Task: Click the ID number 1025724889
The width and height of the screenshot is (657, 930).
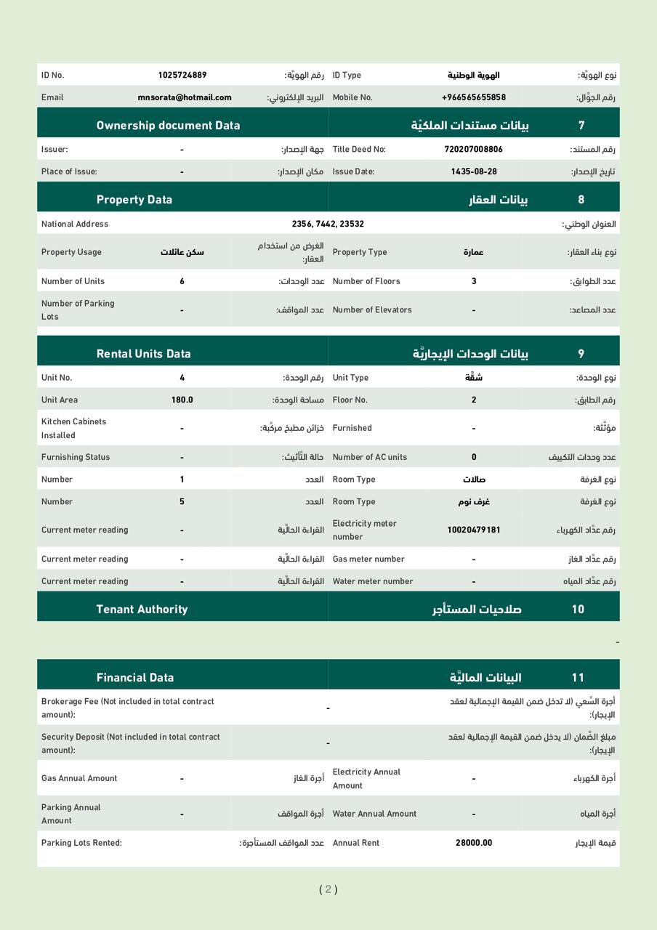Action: (x=182, y=75)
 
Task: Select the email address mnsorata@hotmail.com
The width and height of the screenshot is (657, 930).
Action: (x=185, y=97)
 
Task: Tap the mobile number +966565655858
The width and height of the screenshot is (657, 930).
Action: (x=473, y=97)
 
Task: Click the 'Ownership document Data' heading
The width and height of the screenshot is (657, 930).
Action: (x=168, y=125)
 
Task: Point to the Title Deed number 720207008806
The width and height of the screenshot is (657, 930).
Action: (x=473, y=149)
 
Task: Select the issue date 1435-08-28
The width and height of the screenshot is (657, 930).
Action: (x=474, y=171)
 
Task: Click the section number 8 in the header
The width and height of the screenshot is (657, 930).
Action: (x=581, y=199)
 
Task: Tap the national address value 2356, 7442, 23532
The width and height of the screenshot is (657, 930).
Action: (x=328, y=224)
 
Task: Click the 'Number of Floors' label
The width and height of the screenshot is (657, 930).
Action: (x=366, y=281)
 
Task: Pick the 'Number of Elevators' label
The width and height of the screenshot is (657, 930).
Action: (x=372, y=310)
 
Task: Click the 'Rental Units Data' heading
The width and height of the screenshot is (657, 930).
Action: (x=143, y=354)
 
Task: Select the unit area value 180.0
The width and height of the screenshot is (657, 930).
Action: (x=182, y=400)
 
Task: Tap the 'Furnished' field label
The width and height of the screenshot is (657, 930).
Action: (x=352, y=428)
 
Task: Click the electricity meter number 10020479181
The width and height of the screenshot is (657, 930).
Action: (x=473, y=530)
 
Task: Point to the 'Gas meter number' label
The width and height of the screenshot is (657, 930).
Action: (x=368, y=559)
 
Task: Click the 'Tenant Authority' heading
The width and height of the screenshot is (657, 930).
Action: (x=142, y=609)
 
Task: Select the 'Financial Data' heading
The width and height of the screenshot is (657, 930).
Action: (x=135, y=677)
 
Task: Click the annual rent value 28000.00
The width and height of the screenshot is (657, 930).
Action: (x=474, y=843)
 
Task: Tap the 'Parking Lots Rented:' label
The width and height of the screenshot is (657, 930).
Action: (x=81, y=843)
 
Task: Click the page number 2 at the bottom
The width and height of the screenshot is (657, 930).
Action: (x=328, y=889)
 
